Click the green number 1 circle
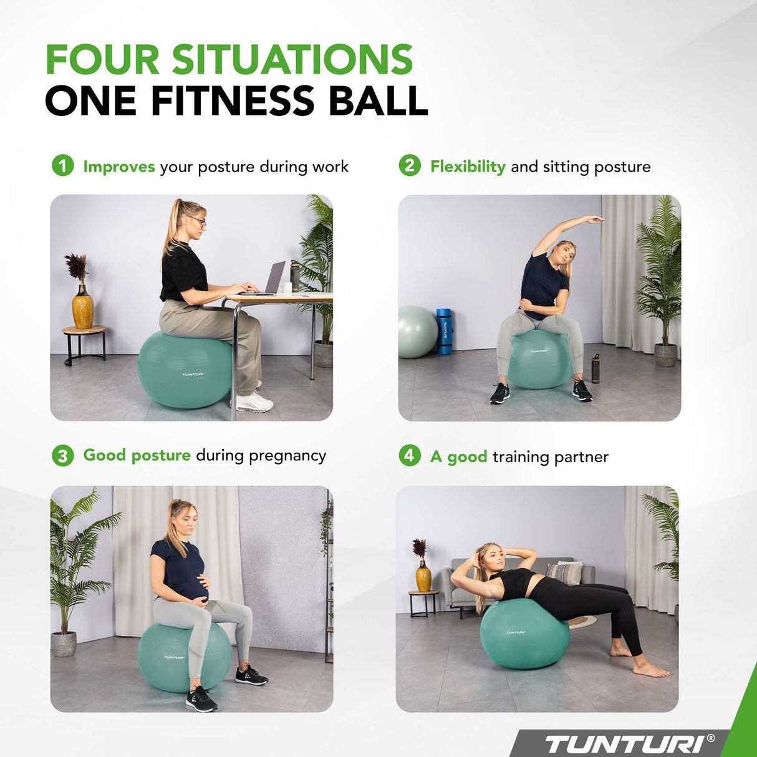point(62,166)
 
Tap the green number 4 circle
point(409,455)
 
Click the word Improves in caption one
point(119,166)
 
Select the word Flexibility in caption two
point(468,166)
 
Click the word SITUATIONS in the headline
point(292,60)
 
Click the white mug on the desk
point(287,287)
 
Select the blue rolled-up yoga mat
point(443,331)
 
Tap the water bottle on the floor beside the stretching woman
point(595,369)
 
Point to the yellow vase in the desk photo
point(82,309)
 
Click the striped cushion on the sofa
point(564,572)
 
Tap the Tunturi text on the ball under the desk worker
point(193,375)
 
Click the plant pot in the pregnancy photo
point(64,644)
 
